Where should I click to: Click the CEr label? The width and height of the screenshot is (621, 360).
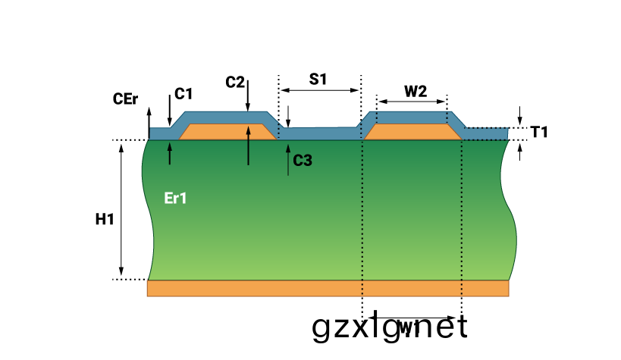tap(124, 99)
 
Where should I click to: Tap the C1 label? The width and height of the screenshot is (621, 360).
tap(183, 94)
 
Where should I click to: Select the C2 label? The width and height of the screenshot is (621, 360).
tap(235, 82)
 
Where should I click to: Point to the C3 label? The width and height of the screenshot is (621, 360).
tap(303, 160)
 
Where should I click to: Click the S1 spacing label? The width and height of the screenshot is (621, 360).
tap(318, 79)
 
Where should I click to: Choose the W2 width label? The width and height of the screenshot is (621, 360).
tap(415, 92)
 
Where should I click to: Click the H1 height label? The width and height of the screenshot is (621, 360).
tap(105, 220)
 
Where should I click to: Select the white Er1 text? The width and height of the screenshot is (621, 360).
tap(175, 199)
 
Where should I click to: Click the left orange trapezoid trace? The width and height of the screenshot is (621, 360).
tap(227, 132)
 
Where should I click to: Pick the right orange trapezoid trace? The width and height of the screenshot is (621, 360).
tap(414, 132)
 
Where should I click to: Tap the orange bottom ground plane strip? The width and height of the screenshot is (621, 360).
tap(328, 288)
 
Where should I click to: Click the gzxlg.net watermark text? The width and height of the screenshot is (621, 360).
tap(390, 328)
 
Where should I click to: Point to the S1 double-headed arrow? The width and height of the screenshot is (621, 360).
tap(319, 90)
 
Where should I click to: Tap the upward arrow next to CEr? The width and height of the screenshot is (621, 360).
tap(149, 117)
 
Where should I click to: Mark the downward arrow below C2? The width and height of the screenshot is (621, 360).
tap(248, 94)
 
